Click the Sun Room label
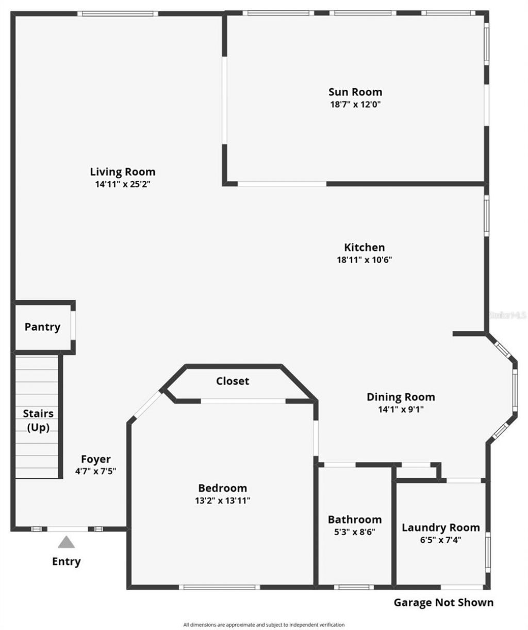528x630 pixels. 355,92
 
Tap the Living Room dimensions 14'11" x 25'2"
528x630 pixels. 122,184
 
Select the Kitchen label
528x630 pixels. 364,247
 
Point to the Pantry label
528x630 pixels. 42,327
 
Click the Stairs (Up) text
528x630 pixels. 38,421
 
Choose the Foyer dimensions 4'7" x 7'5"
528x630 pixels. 95,471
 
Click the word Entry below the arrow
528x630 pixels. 66,561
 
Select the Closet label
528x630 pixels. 232,381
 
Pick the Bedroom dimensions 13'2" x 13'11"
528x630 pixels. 222,500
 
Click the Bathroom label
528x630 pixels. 355,520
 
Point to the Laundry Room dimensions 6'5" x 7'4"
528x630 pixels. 440,540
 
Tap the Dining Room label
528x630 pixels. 401,397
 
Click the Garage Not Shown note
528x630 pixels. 443,602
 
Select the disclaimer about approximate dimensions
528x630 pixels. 264,625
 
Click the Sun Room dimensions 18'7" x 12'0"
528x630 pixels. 355,104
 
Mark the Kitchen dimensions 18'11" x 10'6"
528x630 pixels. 364,260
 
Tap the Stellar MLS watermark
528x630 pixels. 507,314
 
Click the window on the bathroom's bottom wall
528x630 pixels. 354,587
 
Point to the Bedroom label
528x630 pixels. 222,488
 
